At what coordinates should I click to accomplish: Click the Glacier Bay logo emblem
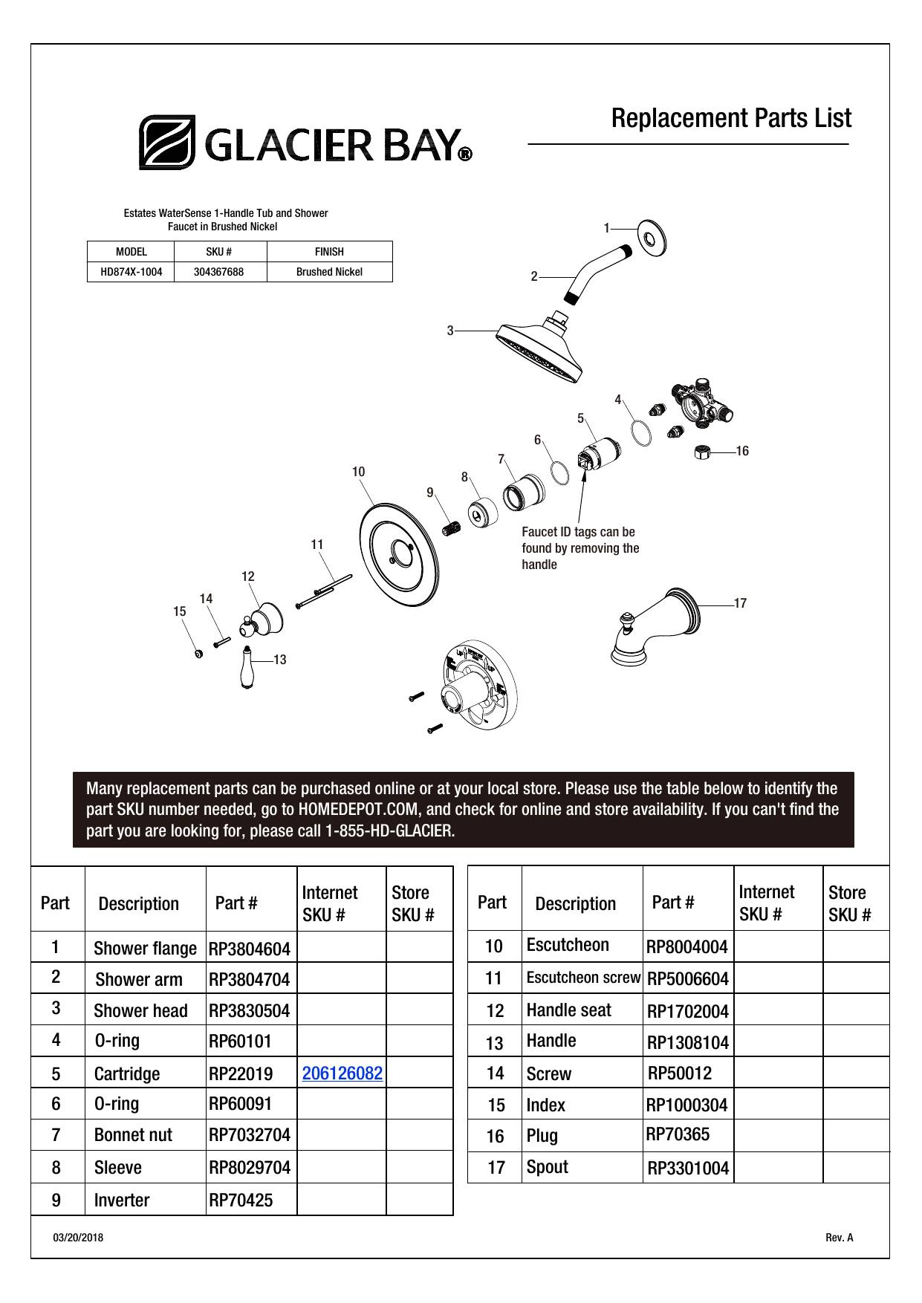point(167,142)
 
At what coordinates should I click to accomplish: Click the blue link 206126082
point(342,1073)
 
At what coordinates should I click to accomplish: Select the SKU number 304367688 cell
point(218,272)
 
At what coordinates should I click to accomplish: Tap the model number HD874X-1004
point(131,272)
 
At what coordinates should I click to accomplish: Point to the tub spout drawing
point(654,625)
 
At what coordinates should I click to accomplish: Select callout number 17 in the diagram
point(740,603)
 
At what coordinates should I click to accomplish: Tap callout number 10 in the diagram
point(358,472)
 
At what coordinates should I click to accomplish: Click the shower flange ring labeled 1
point(652,238)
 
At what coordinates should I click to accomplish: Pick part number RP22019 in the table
point(241,1074)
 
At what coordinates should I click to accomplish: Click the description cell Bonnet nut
point(133,1135)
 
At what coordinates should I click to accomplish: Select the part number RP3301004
point(688,1169)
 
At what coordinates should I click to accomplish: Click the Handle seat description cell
point(568,1010)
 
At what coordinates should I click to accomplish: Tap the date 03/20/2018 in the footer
point(78,1238)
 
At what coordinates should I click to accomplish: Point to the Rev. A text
point(839,1238)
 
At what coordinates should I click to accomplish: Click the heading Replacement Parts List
point(731,119)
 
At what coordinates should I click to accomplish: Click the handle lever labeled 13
point(247,669)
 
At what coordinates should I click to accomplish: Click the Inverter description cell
point(122,1200)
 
